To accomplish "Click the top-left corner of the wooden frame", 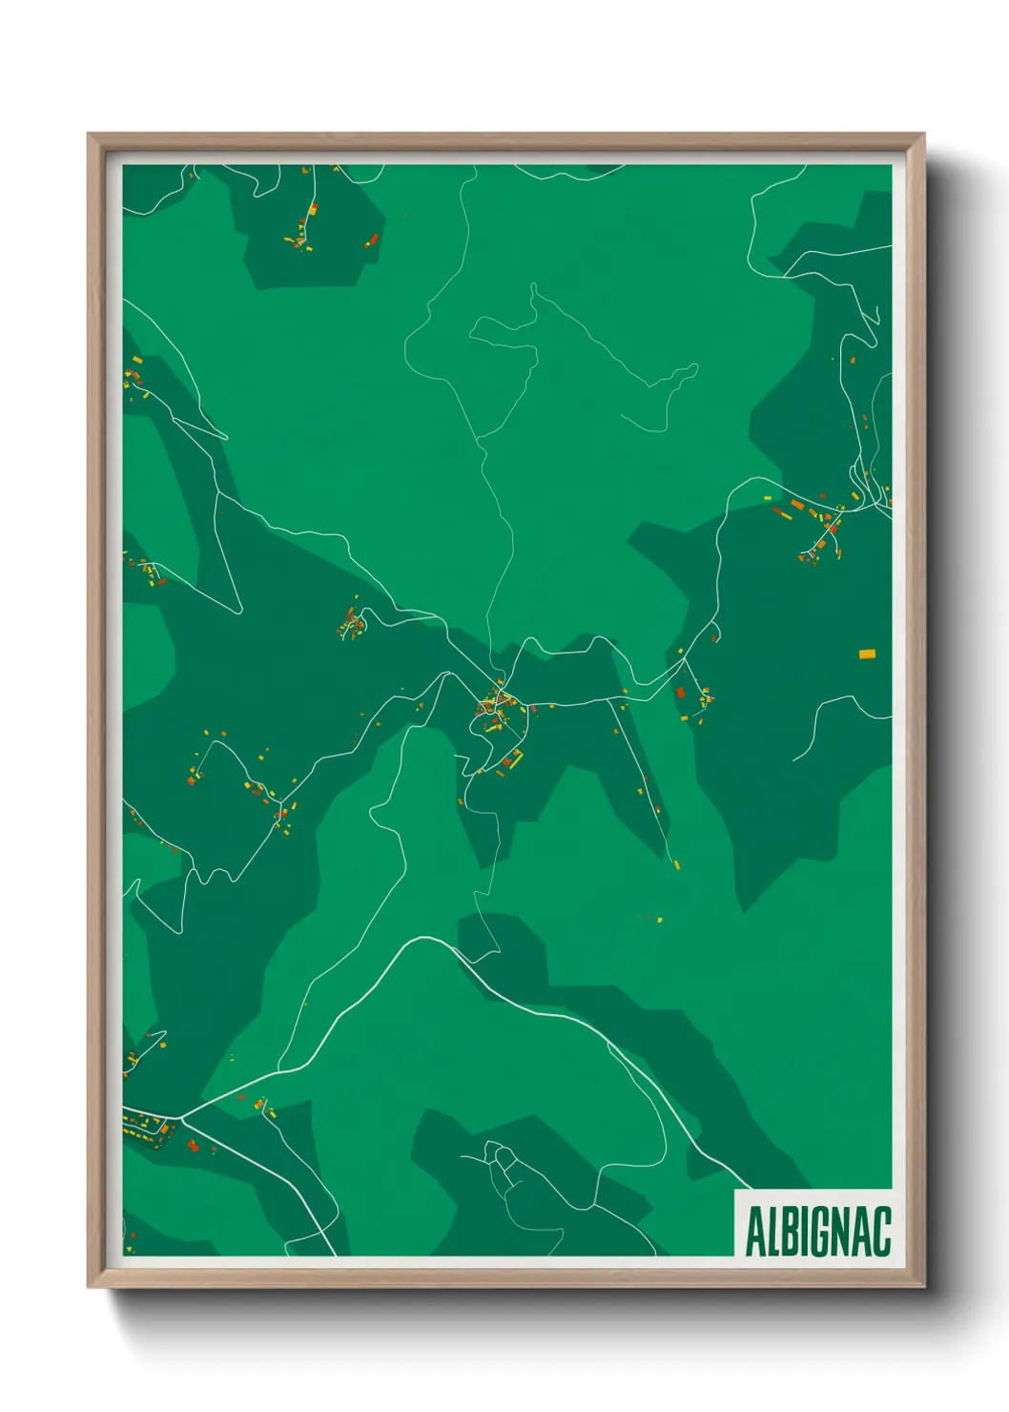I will (89, 135).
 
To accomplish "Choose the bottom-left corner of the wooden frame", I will (89, 1287).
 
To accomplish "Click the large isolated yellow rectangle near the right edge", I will (867, 654).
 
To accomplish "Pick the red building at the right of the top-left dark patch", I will (373, 239).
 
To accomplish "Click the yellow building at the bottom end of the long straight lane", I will (676, 864).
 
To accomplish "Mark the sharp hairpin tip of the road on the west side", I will (237, 610).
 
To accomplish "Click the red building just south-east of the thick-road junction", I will (194, 1145).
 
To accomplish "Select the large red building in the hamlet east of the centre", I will (681, 693).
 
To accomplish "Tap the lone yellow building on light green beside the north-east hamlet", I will (767, 498).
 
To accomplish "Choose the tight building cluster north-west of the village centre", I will (352, 627).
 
